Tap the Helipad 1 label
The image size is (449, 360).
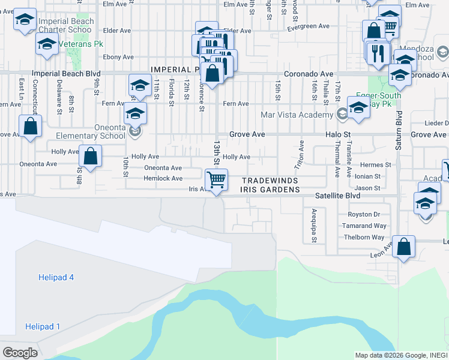pyautogui.click(x=43, y=326)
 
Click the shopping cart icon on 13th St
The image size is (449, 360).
pyautogui.click(x=216, y=179)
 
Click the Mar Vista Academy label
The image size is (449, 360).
pyautogui.click(x=297, y=115)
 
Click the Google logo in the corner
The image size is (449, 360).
pyautogui.click(x=20, y=353)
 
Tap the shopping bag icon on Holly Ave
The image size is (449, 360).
pyautogui.click(x=90, y=157)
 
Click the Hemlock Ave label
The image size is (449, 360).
pyautogui.click(x=163, y=178)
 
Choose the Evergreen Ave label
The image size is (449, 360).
pyautogui.click(x=309, y=26)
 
